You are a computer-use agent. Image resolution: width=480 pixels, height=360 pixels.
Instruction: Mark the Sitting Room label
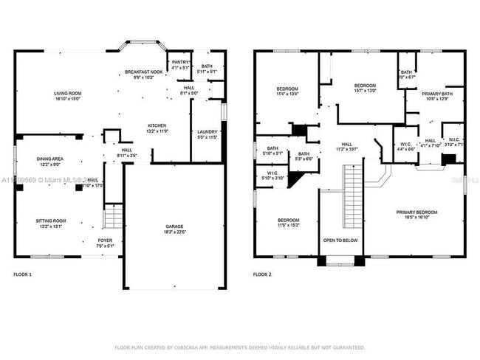tap(52, 222)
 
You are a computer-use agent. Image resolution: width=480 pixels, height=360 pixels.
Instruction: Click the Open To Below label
tap(340, 240)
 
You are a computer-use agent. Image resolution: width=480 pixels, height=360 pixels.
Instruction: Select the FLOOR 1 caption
tap(23, 274)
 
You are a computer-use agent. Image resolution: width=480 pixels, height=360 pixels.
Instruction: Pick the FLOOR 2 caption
tap(262, 274)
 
